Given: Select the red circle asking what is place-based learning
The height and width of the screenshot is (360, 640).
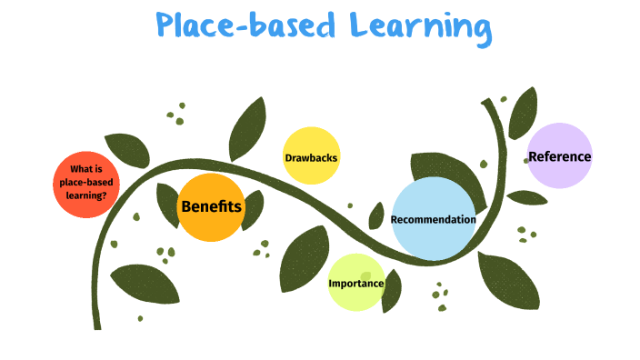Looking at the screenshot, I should pyautogui.click(x=86, y=185).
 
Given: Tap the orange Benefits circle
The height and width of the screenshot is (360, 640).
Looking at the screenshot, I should pyautogui.click(x=211, y=207).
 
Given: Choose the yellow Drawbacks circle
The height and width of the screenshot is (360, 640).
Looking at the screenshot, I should pyautogui.click(x=311, y=156).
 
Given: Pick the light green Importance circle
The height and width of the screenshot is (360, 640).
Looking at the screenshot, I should pyautogui.click(x=356, y=283).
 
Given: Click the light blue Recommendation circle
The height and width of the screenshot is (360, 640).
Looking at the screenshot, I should pyautogui.click(x=434, y=219).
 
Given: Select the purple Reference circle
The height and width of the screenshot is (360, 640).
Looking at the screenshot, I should pyautogui.click(x=559, y=155).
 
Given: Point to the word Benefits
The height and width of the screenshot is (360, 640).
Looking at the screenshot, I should pyautogui.click(x=211, y=206).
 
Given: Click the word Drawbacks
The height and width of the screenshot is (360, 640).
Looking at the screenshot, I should pyautogui.click(x=311, y=157).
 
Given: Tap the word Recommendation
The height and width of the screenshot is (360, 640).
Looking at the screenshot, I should pyautogui.click(x=434, y=219).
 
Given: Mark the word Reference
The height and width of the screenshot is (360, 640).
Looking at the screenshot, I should pyautogui.click(x=559, y=156).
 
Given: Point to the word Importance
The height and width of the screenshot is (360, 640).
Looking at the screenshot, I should pyautogui.click(x=356, y=284).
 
